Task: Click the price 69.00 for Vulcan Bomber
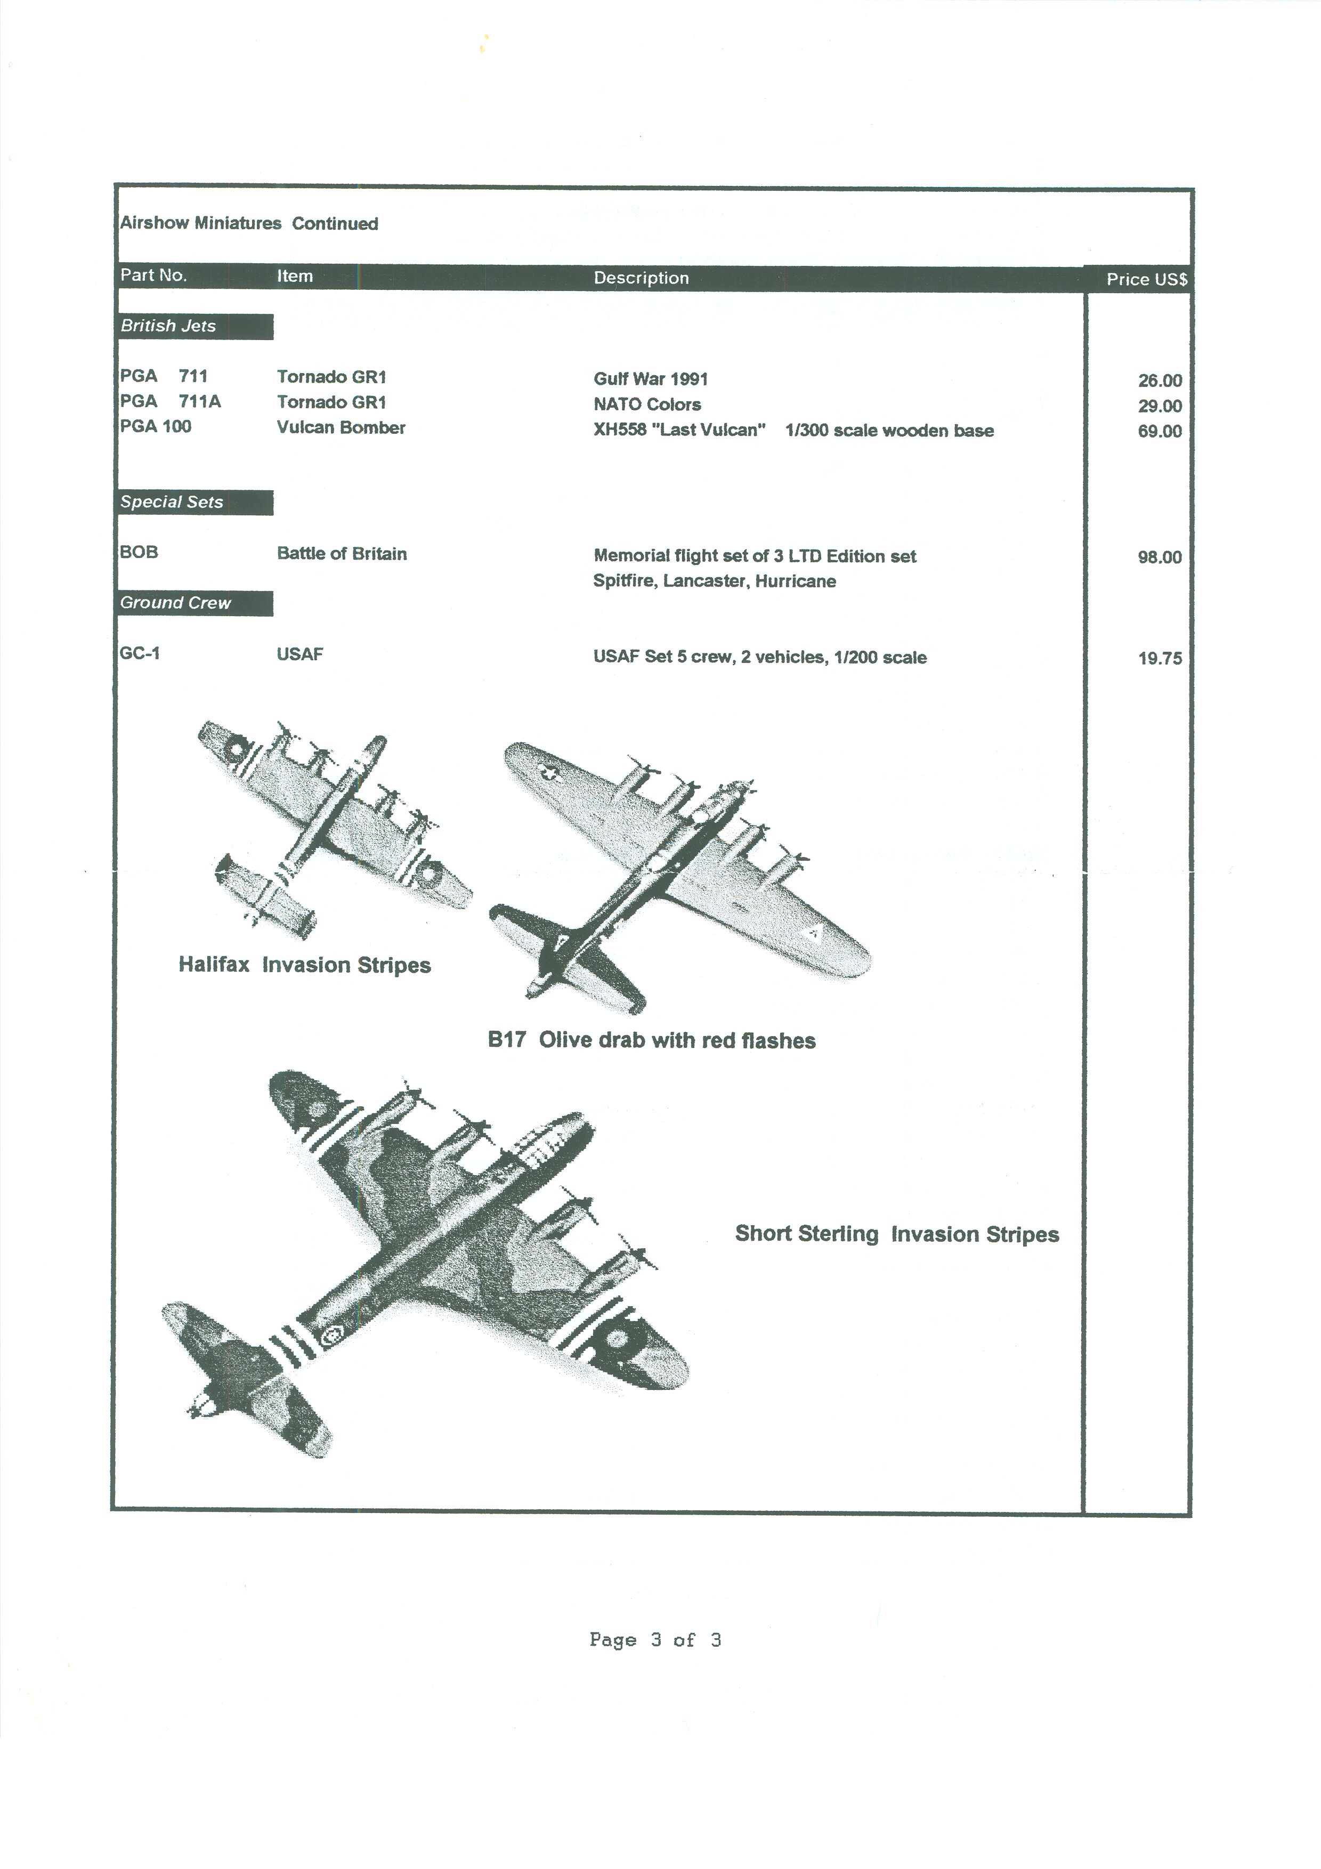coord(1160,432)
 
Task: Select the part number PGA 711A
coord(170,401)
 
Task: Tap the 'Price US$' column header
coord(1147,279)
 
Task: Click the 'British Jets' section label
coord(168,326)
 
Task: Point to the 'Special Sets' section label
coord(172,502)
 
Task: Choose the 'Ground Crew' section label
coord(176,603)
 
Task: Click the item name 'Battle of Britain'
coord(342,554)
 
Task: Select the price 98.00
coord(1160,557)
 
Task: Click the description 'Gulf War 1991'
coord(651,379)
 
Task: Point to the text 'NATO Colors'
coord(647,404)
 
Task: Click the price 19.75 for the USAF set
coord(1160,659)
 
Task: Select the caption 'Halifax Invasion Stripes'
coord(304,966)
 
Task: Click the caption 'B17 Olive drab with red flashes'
coord(652,1040)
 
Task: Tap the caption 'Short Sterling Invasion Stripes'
coord(897,1234)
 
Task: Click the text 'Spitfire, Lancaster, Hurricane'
coord(715,581)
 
